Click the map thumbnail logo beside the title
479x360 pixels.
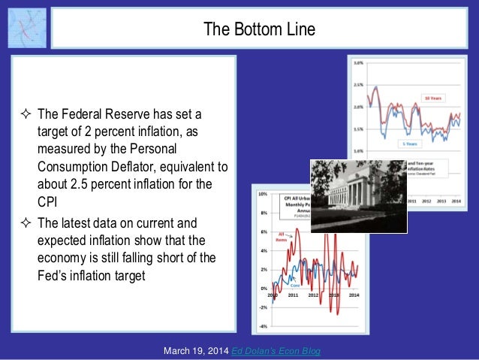(x=27, y=28)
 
